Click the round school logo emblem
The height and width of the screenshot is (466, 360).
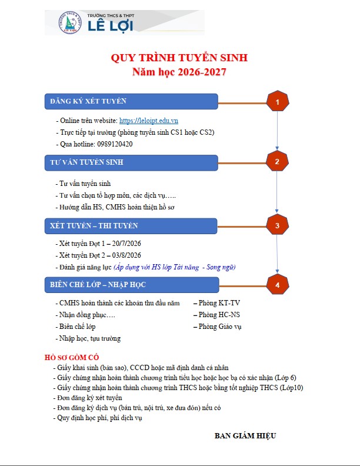(x=71, y=22)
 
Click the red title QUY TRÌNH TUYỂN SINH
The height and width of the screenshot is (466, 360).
(x=179, y=57)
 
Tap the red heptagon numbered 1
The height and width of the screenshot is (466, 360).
(x=278, y=101)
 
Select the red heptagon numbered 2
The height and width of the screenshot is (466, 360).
(x=277, y=161)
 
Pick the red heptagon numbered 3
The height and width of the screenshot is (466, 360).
(x=277, y=225)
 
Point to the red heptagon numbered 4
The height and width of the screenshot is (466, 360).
(x=278, y=284)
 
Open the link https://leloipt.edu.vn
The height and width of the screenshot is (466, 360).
(x=149, y=121)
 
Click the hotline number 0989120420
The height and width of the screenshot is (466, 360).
(x=115, y=144)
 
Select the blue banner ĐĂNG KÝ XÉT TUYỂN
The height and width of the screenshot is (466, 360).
(x=131, y=101)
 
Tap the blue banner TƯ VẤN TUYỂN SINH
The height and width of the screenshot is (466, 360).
(x=131, y=162)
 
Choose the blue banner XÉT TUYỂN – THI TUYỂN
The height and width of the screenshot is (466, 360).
(x=131, y=226)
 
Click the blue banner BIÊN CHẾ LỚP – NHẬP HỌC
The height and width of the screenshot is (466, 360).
(x=132, y=285)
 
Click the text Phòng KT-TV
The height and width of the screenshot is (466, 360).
(x=219, y=303)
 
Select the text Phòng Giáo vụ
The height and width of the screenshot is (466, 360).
(x=220, y=327)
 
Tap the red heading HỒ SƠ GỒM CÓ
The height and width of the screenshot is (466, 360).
(x=72, y=357)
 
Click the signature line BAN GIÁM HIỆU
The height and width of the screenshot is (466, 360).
(x=245, y=435)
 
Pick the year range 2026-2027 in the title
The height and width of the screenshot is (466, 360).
(x=202, y=72)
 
